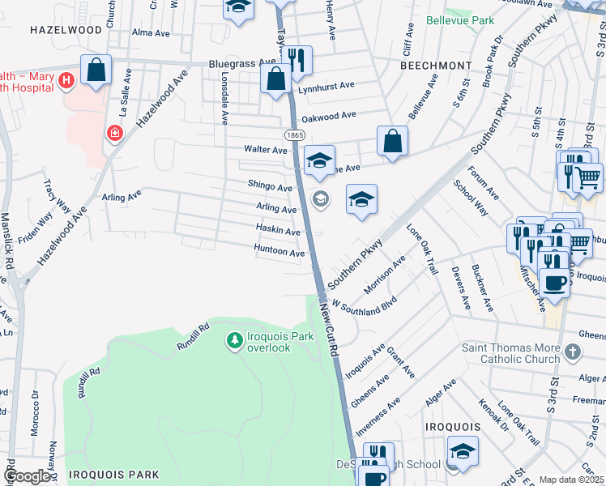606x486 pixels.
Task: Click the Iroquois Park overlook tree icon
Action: point(234,339)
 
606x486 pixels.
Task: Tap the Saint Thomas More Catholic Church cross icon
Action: point(574,352)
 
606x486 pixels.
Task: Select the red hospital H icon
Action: point(66,80)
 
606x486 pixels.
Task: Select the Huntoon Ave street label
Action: point(279,253)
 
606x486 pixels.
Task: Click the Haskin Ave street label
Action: point(278,230)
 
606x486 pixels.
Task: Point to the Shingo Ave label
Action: point(270,186)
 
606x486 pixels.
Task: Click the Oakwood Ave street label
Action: point(328,117)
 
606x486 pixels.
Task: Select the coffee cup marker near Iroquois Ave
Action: point(555,283)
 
